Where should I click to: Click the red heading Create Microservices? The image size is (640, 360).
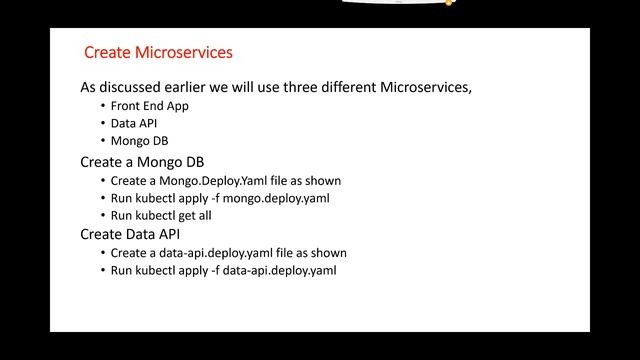(158, 51)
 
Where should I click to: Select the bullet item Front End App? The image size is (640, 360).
(150, 105)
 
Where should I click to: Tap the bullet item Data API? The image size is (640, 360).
(131, 123)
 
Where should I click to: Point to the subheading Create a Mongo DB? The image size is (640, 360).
(142, 162)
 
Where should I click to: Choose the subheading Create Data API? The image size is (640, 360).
(130, 234)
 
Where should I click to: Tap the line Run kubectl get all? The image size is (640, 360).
(161, 216)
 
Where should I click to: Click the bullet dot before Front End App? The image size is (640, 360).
(102, 105)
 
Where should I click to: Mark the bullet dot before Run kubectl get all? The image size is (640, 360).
(102, 216)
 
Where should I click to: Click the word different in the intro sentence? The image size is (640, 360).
(347, 87)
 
